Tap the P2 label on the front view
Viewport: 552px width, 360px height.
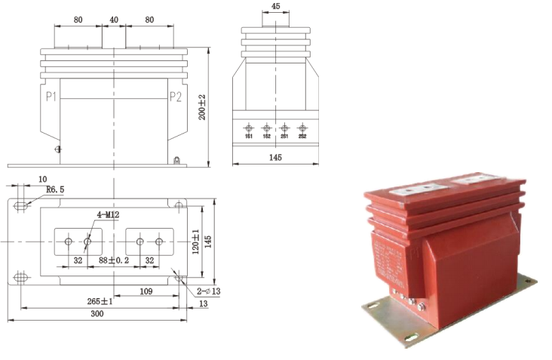tap(175, 96)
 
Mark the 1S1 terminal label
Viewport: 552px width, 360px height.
tap(248, 136)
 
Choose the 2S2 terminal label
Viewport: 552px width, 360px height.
tap(302, 136)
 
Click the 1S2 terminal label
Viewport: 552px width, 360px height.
tap(266, 136)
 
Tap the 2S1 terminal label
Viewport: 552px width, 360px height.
tap(284, 136)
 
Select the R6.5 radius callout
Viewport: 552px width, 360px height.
tap(55, 190)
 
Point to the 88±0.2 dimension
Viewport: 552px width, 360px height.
tap(114, 260)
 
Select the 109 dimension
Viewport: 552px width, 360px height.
tap(146, 291)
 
